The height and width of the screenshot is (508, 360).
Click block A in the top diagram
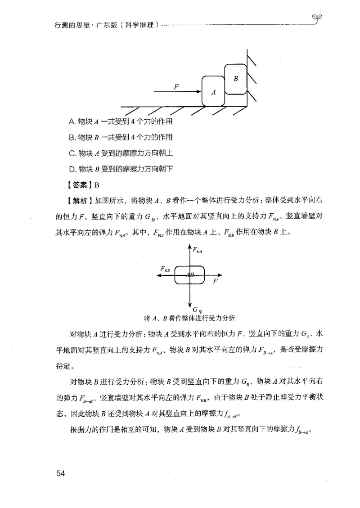[x=213, y=91]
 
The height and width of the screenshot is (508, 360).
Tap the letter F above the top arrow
[x=177, y=85]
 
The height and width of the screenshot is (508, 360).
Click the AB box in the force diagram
[x=190, y=275]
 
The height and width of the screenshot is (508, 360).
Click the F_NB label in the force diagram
[x=165, y=269]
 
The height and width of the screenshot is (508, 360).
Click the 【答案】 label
[x=78, y=184]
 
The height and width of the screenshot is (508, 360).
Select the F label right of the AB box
[x=215, y=281]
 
